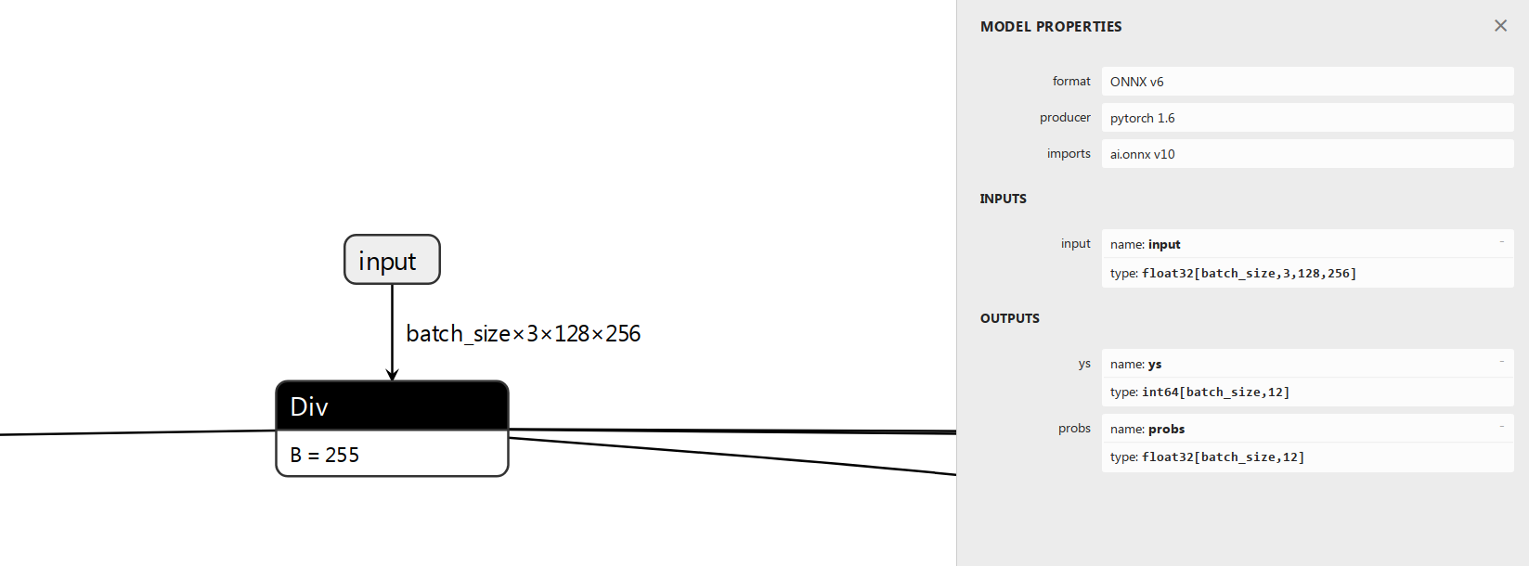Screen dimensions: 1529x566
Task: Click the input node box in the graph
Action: coord(392,259)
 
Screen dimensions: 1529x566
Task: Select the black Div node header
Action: coord(392,405)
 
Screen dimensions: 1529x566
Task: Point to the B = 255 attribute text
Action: coord(324,455)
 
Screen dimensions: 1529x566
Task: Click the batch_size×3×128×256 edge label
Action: coord(523,333)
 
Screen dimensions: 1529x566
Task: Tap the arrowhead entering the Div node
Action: coord(392,374)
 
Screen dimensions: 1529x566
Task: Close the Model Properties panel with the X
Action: coord(1500,26)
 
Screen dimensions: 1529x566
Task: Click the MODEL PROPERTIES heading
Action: coord(1051,27)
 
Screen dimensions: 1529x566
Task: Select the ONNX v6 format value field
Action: coord(1307,81)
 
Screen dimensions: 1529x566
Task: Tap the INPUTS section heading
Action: coord(1004,199)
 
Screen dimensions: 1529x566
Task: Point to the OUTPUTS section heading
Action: coord(1009,318)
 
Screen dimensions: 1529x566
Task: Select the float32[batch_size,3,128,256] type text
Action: coord(1250,274)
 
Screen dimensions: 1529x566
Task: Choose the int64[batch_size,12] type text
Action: coord(1216,392)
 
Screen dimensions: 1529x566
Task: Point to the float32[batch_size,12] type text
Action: coord(1224,457)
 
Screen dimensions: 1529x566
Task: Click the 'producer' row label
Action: coord(1065,117)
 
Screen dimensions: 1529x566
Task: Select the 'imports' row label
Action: coord(1069,153)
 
